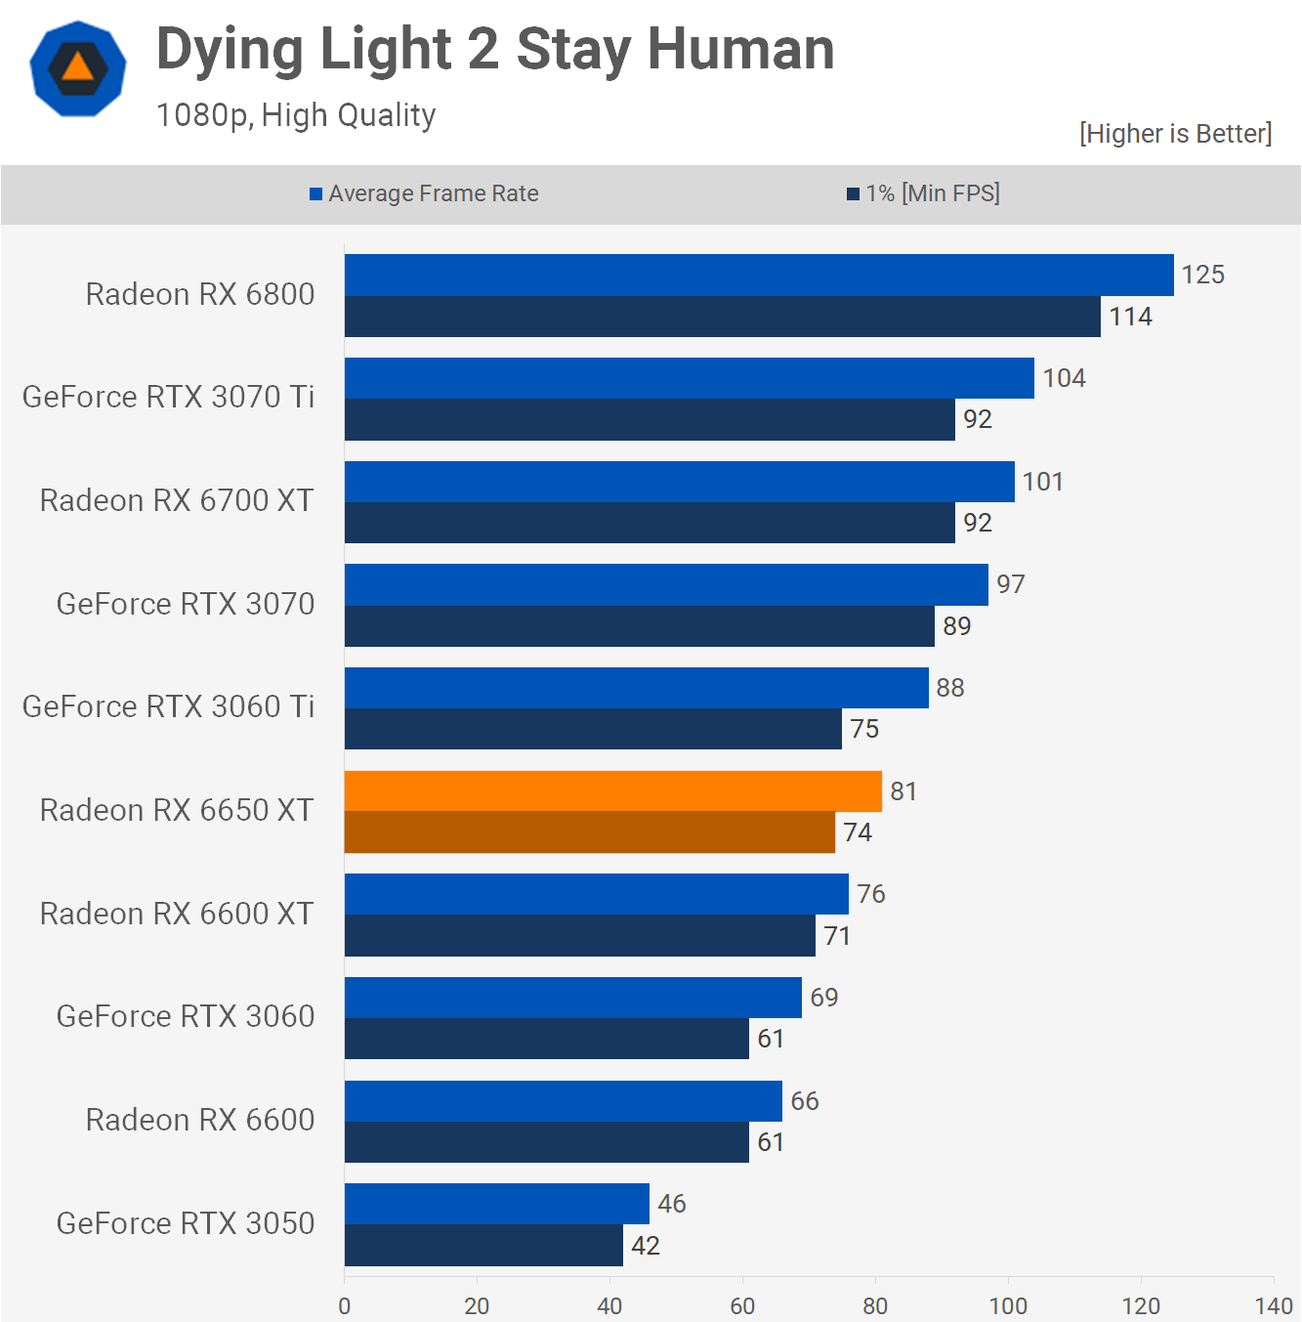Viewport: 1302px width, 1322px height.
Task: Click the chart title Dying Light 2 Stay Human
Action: (495, 50)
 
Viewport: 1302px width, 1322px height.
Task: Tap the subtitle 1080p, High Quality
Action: (296, 115)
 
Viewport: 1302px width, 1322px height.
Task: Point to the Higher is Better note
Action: (1175, 134)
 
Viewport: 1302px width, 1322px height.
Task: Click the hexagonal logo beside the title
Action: (78, 68)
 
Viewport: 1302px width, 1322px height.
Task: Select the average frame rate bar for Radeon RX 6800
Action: (758, 275)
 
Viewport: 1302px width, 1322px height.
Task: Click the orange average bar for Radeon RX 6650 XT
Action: (612, 790)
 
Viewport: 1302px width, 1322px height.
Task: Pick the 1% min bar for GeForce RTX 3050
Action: (483, 1246)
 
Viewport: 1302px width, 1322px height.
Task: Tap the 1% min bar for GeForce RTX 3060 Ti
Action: (593, 729)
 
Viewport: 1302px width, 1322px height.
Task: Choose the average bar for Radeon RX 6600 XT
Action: (596, 894)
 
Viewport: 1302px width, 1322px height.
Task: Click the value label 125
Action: (1202, 275)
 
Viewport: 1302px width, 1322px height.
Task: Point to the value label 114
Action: (1130, 317)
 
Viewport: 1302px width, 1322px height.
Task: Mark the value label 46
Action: (671, 1204)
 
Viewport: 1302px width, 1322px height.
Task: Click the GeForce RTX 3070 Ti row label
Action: (168, 397)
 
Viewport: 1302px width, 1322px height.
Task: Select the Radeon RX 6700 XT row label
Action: (177, 500)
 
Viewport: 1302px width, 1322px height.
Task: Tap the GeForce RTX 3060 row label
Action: (186, 1016)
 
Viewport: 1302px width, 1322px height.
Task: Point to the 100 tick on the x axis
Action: (1008, 1305)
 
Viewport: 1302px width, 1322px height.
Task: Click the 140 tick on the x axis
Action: (1274, 1305)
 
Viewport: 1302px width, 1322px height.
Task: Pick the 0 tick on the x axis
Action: (344, 1305)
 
